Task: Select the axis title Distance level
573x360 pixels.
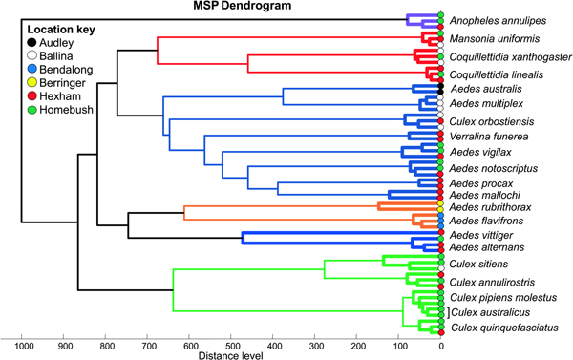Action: [232, 355]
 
